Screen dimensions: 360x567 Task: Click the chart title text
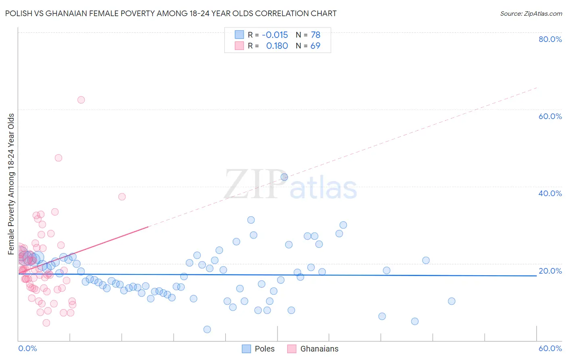tap(171, 13)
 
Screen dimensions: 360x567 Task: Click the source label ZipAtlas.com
tap(531, 13)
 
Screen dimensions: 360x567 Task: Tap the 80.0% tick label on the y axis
tap(550, 39)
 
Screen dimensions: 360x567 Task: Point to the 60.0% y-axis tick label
tap(550, 116)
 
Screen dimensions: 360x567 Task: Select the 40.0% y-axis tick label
tap(550, 193)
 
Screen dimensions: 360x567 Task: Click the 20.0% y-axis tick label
tap(550, 271)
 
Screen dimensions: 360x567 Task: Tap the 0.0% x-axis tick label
tap(27, 348)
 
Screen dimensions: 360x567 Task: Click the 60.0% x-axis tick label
tap(550, 348)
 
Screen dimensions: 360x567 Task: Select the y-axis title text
tap(11, 184)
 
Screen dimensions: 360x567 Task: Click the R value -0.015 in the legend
tap(275, 35)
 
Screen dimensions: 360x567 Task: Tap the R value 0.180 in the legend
tap(277, 46)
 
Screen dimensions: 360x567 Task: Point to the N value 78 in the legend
tap(315, 35)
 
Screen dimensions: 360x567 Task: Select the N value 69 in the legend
tap(315, 46)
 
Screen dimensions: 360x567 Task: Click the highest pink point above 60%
tap(81, 100)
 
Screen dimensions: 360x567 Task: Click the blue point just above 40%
tap(284, 177)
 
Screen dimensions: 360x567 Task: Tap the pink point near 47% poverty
tap(58, 158)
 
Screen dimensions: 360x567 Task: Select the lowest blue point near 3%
tap(207, 329)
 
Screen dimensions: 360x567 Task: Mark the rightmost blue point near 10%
tap(452, 301)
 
